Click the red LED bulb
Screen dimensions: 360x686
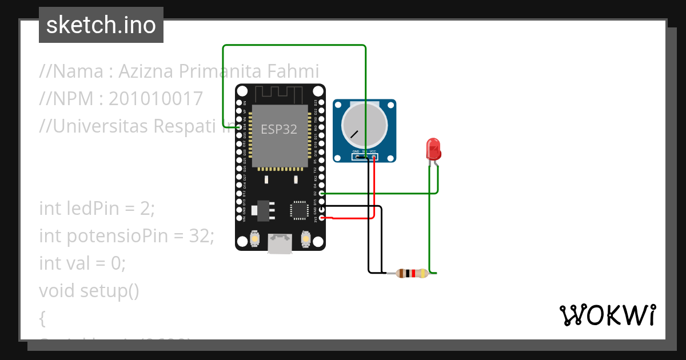click(x=433, y=149)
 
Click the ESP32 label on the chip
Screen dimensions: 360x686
click(x=279, y=129)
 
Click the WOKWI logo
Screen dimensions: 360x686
click(x=607, y=315)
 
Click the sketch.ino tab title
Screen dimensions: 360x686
click(x=101, y=25)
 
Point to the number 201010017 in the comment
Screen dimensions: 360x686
click(x=155, y=99)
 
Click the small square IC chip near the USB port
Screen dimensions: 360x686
click(x=299, y=210)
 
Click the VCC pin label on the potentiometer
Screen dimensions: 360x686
click(x=373, y=152)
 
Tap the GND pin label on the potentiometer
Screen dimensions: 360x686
click(x=356, y=152)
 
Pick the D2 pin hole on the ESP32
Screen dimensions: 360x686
click(x=322, y=194)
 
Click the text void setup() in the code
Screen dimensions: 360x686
click(x=89, y=291)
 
